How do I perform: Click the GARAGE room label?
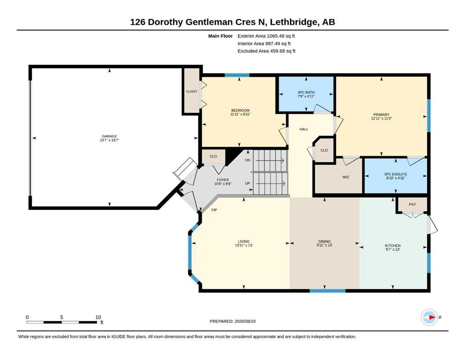(x=110, y=136)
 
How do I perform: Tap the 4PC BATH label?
(x=306, y=92)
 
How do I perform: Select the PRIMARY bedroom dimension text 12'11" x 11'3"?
(x=381, y=119)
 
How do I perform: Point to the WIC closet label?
(x=346, y=177)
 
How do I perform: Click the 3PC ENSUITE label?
(x=396, y=174)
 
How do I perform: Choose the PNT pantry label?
(x=412, y=204)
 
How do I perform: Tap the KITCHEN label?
(x=392, y=246)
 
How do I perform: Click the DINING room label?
(x=325, y=241)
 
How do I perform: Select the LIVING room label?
(x=244, y=241)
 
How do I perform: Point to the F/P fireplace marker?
(x=214, y=210)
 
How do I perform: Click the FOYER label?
(x=223, y=180)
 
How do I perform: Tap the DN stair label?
(x=248, y=160)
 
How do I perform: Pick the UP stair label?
(x=247, y=183)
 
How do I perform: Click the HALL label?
(x=303, y=129)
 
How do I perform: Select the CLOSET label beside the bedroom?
(x=192, y=91)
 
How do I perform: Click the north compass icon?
(x=429, y=317)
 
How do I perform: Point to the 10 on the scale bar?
(x=98, y=317)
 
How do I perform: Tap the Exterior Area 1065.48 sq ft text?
(x=266, y=36)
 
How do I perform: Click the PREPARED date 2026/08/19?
(x=245, y=321)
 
